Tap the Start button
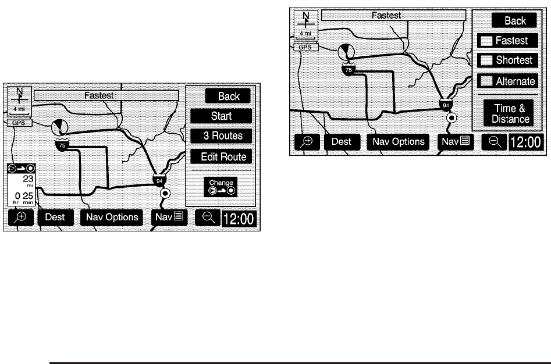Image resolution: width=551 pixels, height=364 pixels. [221, 116]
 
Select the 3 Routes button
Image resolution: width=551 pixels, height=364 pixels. [221, 137]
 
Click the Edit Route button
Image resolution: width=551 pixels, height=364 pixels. [221, 156]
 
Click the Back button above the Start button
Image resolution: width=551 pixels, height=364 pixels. [229, 96]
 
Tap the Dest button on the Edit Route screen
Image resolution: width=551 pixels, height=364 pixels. [55, 217]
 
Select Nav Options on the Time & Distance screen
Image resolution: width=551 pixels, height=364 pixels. [399, 141]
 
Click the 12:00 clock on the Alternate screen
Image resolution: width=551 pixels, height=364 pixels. [527, 141]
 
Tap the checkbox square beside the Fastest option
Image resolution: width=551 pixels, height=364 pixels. [486, 41]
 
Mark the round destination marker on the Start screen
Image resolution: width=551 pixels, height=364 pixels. [165, 194]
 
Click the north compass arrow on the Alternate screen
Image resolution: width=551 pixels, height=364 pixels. [305, 22]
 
